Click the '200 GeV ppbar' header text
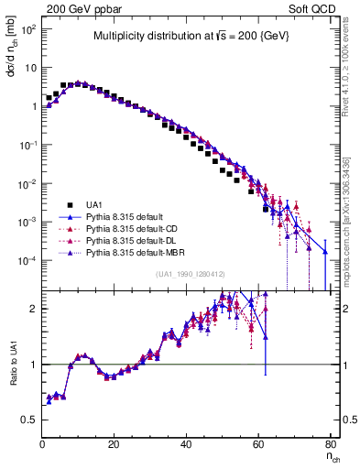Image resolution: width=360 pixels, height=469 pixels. point(78,8)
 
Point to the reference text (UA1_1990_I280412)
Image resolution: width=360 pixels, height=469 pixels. point(190,274)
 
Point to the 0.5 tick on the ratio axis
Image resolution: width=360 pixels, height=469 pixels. point(30,420)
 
